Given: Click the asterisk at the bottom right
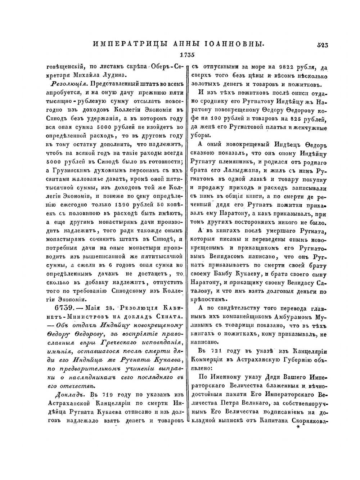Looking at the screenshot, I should tap(298, 427).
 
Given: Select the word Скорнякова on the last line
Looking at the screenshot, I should tap(308, 420).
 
